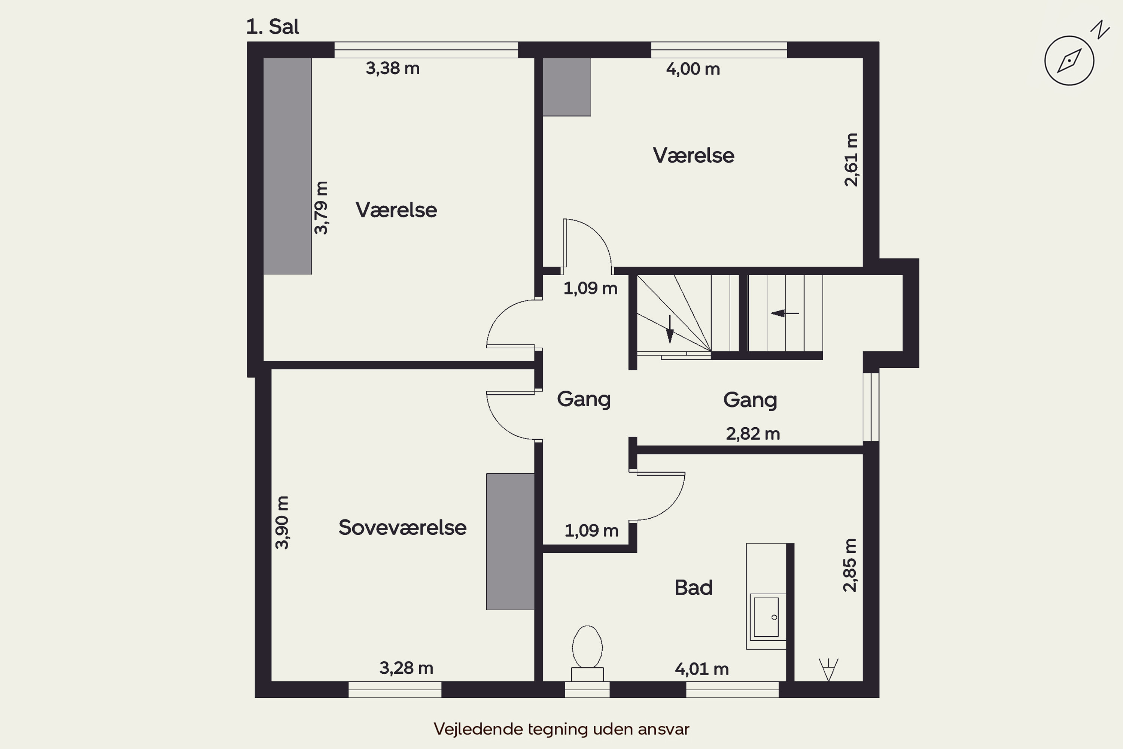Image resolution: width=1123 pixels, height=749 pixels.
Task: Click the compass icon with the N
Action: coord(1069,61)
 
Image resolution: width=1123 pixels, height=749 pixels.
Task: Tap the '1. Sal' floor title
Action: coord(273,27)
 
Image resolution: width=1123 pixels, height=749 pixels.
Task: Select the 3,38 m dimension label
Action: coord(392,68)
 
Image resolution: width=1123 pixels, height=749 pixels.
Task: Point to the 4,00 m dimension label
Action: coord(693,69)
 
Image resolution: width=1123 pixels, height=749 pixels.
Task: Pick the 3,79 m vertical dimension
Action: coord(321,208)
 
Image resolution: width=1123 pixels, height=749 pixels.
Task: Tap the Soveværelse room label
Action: coord(402,527)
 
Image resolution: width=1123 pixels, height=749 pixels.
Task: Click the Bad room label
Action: coord(693,588)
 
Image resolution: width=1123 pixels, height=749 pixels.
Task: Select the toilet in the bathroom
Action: coord(587,653)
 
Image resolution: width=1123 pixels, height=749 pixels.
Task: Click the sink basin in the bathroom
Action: coord(767,617)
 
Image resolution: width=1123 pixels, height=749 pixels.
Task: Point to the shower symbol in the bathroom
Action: coord(828,669)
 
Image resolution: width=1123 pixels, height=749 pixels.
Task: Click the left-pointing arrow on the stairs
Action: coord(785,313)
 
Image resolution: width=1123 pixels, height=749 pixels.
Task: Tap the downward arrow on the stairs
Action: coord(670,329)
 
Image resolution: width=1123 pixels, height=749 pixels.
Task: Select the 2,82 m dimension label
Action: coord(753,434)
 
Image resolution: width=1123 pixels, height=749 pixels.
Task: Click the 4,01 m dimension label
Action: coord(702,669)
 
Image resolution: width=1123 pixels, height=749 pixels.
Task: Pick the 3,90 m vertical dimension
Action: coord(282,522)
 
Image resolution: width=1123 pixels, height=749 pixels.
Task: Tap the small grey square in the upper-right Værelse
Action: coord(567,87)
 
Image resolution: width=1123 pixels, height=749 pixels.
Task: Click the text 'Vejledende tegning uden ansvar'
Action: coord(561,729)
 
